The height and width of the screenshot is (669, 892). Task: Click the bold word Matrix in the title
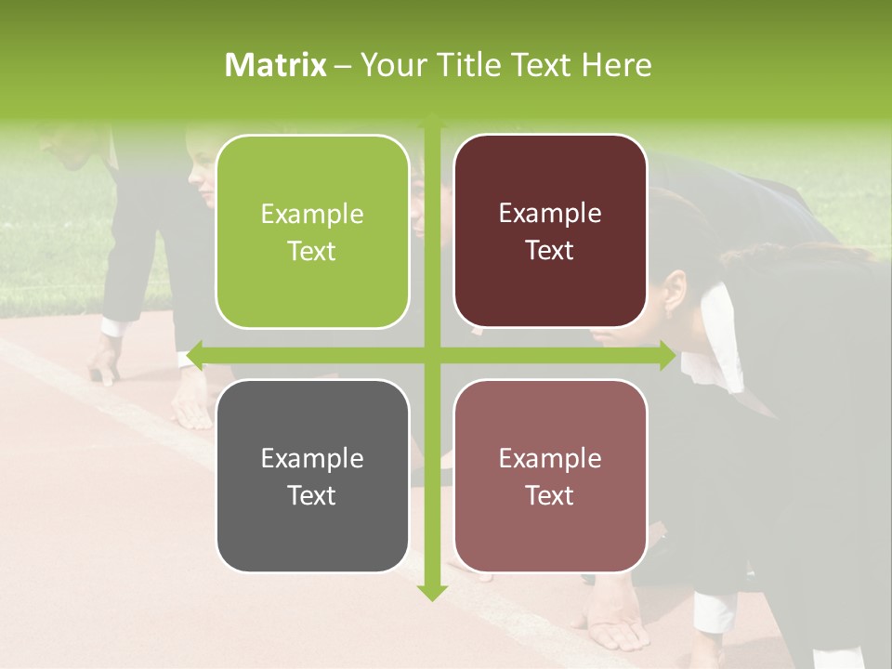(276, 65)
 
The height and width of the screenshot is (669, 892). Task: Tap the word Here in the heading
(616, 65)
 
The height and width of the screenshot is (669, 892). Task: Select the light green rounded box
(312, 231)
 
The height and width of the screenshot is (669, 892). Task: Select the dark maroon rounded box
(550, 231)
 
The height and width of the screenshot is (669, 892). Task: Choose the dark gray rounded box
(312, 476)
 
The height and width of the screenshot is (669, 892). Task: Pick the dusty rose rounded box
(550, 476)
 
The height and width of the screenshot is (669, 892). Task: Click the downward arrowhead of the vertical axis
(431, 593)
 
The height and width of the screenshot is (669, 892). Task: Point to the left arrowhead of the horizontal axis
(194, 355)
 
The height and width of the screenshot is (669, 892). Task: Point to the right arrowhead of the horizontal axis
(667, 355)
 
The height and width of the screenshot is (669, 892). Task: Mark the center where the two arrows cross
(431, 355)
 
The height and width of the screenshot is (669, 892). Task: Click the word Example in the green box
(312, 215)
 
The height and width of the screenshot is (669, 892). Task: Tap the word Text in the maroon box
(550, 251)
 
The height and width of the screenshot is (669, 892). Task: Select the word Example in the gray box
(312, 458)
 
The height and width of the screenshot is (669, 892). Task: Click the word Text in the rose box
(550, 495)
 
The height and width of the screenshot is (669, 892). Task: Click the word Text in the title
(541, 65)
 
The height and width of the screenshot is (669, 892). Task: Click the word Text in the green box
(312, 251)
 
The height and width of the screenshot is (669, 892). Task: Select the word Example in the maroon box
(550, 214)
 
